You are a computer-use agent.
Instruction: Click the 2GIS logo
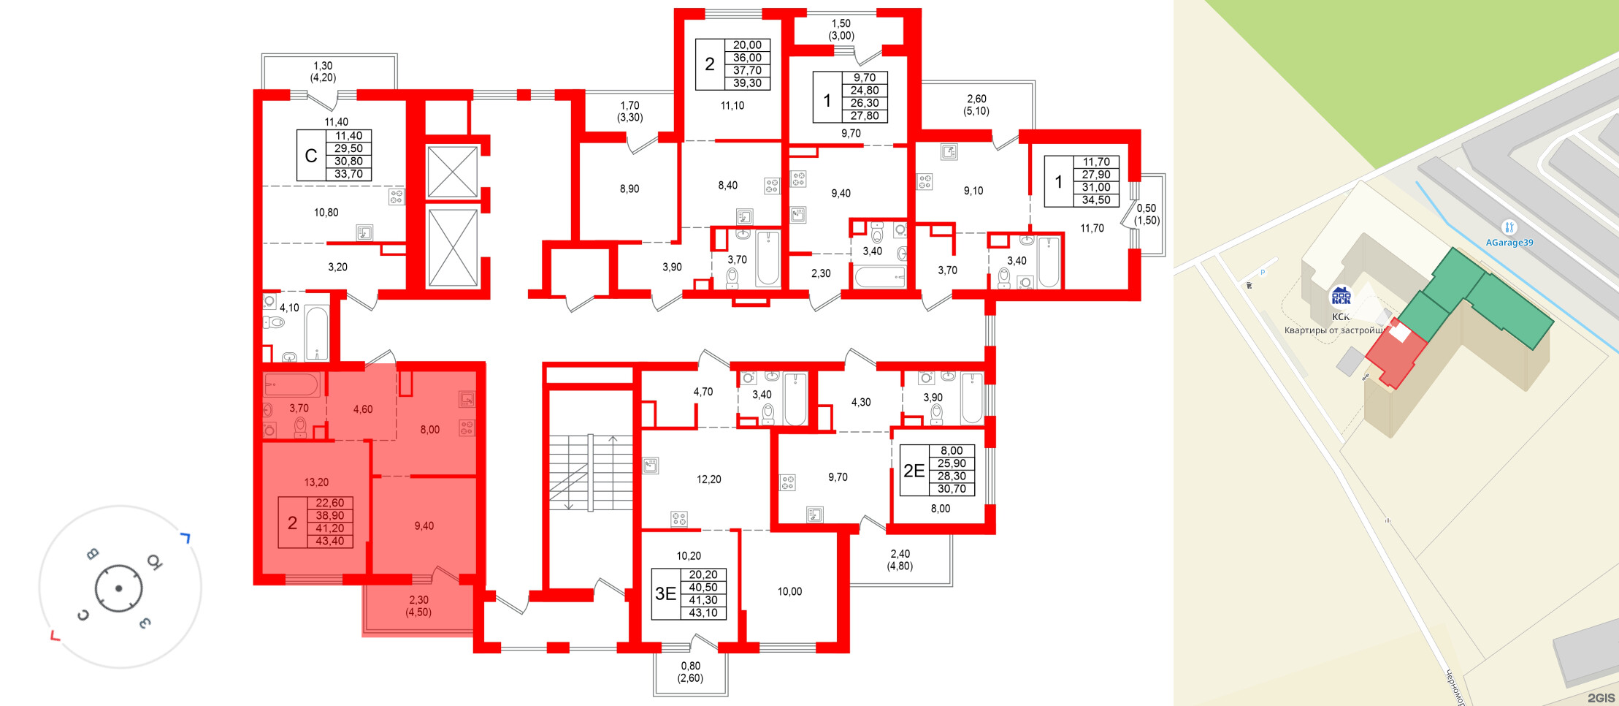point(1600,698)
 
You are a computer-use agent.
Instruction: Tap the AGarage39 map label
point(1509,243)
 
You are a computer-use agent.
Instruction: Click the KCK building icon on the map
point(1341,296)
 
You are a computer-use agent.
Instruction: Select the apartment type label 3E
point(665,593)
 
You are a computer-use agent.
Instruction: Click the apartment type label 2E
point(914,470)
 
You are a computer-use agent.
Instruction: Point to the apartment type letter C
point(311,156)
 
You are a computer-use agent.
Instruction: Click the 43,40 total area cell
point(329,541)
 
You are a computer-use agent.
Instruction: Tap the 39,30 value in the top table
point(747,83)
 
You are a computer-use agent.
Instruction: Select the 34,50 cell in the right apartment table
point(1095,200)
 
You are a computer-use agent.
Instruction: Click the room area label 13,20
point(316,482)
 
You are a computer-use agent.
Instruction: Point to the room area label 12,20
point(708,479)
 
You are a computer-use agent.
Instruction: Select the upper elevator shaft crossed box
point(452,172)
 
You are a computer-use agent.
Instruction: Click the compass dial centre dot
point(118,588)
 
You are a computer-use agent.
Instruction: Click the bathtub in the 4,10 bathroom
point(316,333)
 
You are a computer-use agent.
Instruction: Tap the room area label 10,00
point(789,591)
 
